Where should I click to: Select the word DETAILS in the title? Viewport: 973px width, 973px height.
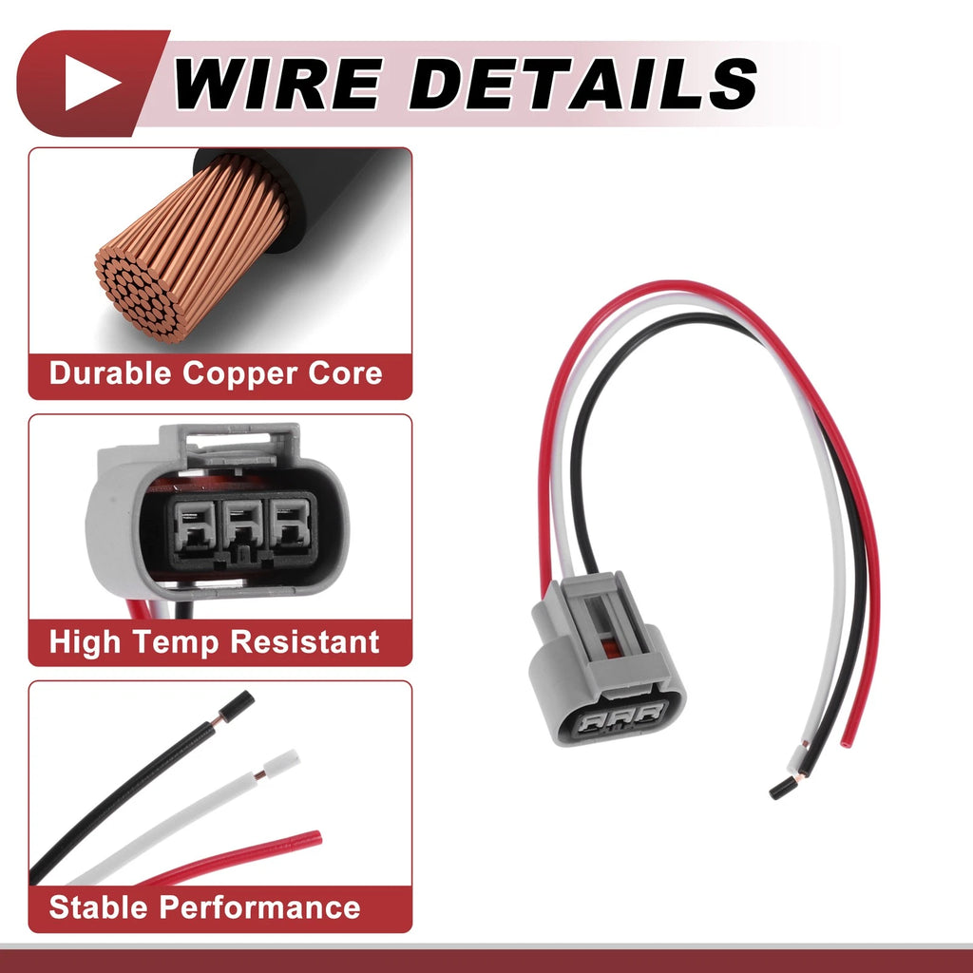[x=583, y=84]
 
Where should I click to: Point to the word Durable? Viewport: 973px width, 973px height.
[x=110, y=373]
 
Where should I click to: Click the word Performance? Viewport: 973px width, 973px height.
[x=259, y=907]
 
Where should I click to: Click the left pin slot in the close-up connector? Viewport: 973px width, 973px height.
[x=195, y=525]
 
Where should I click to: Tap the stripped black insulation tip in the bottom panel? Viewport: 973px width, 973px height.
[x=237, y=707]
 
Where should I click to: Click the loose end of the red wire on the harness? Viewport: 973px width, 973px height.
[x=847, y=741]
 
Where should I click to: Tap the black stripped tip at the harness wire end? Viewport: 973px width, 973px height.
[x=783, y=788]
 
